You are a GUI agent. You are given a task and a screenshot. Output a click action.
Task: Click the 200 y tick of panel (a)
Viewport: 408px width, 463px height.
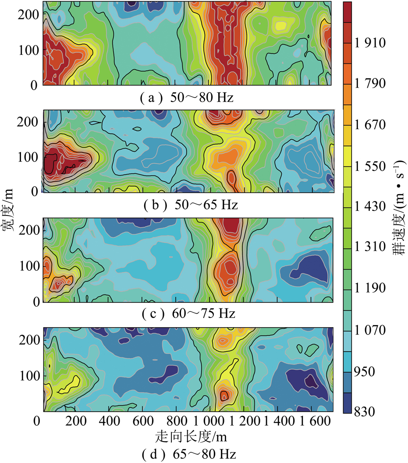tap(29, 14)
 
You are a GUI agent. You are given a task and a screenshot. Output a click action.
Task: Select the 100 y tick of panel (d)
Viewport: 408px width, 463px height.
tap(29, 375)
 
